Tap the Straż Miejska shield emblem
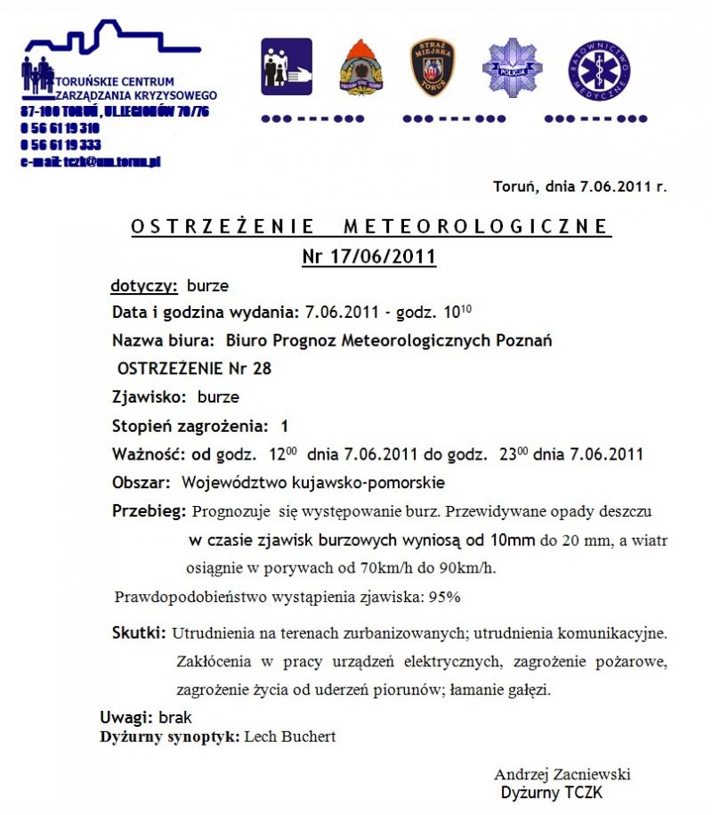pyautogui.click(x=433, y=68)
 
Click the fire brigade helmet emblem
pyautogui.click(x=361, y=68)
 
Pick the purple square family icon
pyautogui.click(x=287, y=67)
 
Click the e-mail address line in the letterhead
pyautogui.click(x=90, y=162)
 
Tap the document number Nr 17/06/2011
pyautogui.click(x=368, y=257)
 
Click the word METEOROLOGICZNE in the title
pyautogui.click(x=475, y=226)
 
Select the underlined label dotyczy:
pyautogui.click(x=144, y=287)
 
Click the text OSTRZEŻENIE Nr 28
pyautogui.click(x=195, y=368)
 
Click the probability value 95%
pyautogui.click(x=445, y=596)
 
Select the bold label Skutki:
pyautogui.click(x=139, y=633)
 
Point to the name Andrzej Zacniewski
pyautogui.click(x=562, y=774)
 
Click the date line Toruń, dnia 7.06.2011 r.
pyautogui.click(x=579, y=187)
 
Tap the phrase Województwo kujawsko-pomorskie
pyautogui.click(x=313, y=483)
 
